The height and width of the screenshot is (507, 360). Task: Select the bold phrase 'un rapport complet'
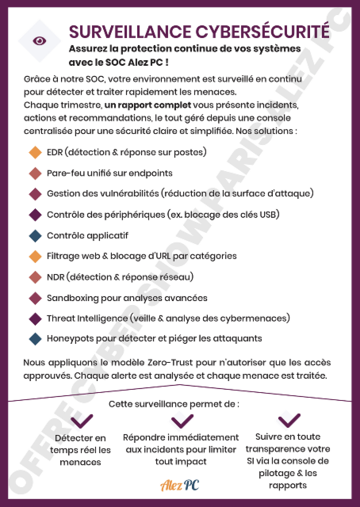[x=140, y=105]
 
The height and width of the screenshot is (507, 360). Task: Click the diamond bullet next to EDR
[x=34, y=152]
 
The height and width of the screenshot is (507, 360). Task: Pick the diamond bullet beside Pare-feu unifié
[x=34, y=173]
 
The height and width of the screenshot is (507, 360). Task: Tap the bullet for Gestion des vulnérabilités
[x=34, y=193]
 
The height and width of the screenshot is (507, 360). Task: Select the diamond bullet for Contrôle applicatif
[x=34, y=235]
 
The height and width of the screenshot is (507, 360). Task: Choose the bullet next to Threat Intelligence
[x=34, y=318]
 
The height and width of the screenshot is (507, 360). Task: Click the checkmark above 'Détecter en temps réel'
[x=81, y=421]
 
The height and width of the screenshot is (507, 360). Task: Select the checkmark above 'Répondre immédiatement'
[x=180, y=421]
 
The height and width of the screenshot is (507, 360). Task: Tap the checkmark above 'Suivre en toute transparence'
[x=289, y=419]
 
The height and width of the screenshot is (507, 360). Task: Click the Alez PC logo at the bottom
[x=179, y=484]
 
